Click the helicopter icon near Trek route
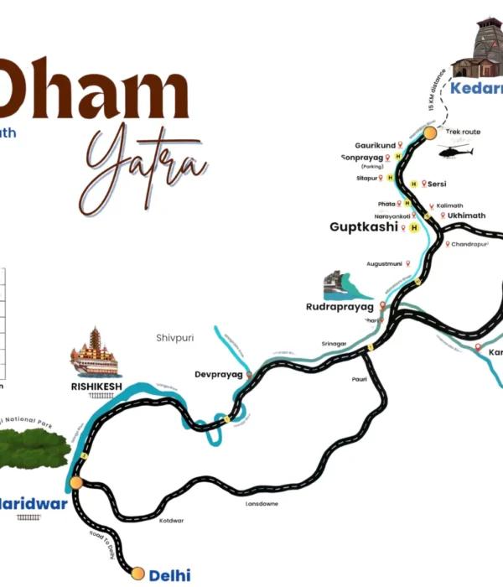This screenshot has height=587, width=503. (455, 152)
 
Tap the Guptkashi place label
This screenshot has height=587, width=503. (363, 227)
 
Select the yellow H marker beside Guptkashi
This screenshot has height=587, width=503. (413, 227)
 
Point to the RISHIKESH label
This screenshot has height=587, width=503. (96, 386)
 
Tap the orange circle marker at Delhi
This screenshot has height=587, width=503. (137, 574)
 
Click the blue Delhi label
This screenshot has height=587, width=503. (169, 575)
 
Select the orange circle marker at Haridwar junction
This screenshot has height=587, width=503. (76, 483)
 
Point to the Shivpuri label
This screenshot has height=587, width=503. (174, 338)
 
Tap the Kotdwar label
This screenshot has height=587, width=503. (171, 521)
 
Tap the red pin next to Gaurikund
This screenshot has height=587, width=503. (401, 145)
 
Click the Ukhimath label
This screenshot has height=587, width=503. (466, 216)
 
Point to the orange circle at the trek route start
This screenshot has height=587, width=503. (430, 132)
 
